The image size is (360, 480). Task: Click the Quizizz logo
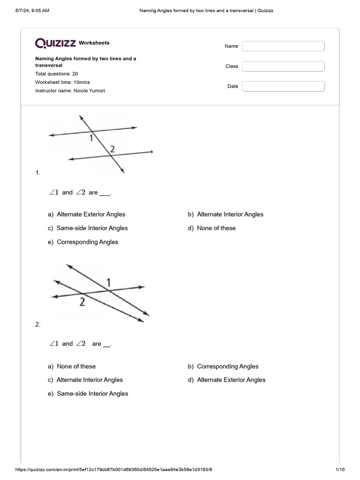[x=55, y=43]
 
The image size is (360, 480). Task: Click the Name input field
[x=283, y=46]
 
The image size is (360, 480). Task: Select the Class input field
[x=283, y=66]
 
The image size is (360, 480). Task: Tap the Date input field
[x=283, y=86]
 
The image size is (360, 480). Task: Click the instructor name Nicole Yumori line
[x=70, y=90]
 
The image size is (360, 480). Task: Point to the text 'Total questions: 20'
[x=57, y=74]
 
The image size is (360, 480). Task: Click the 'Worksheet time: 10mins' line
[x=63, y=82]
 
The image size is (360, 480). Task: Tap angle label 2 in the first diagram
[x=112, y=149]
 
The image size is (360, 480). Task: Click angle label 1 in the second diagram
[x=109, y=282]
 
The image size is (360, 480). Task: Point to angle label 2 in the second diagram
[x=82, y=302]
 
